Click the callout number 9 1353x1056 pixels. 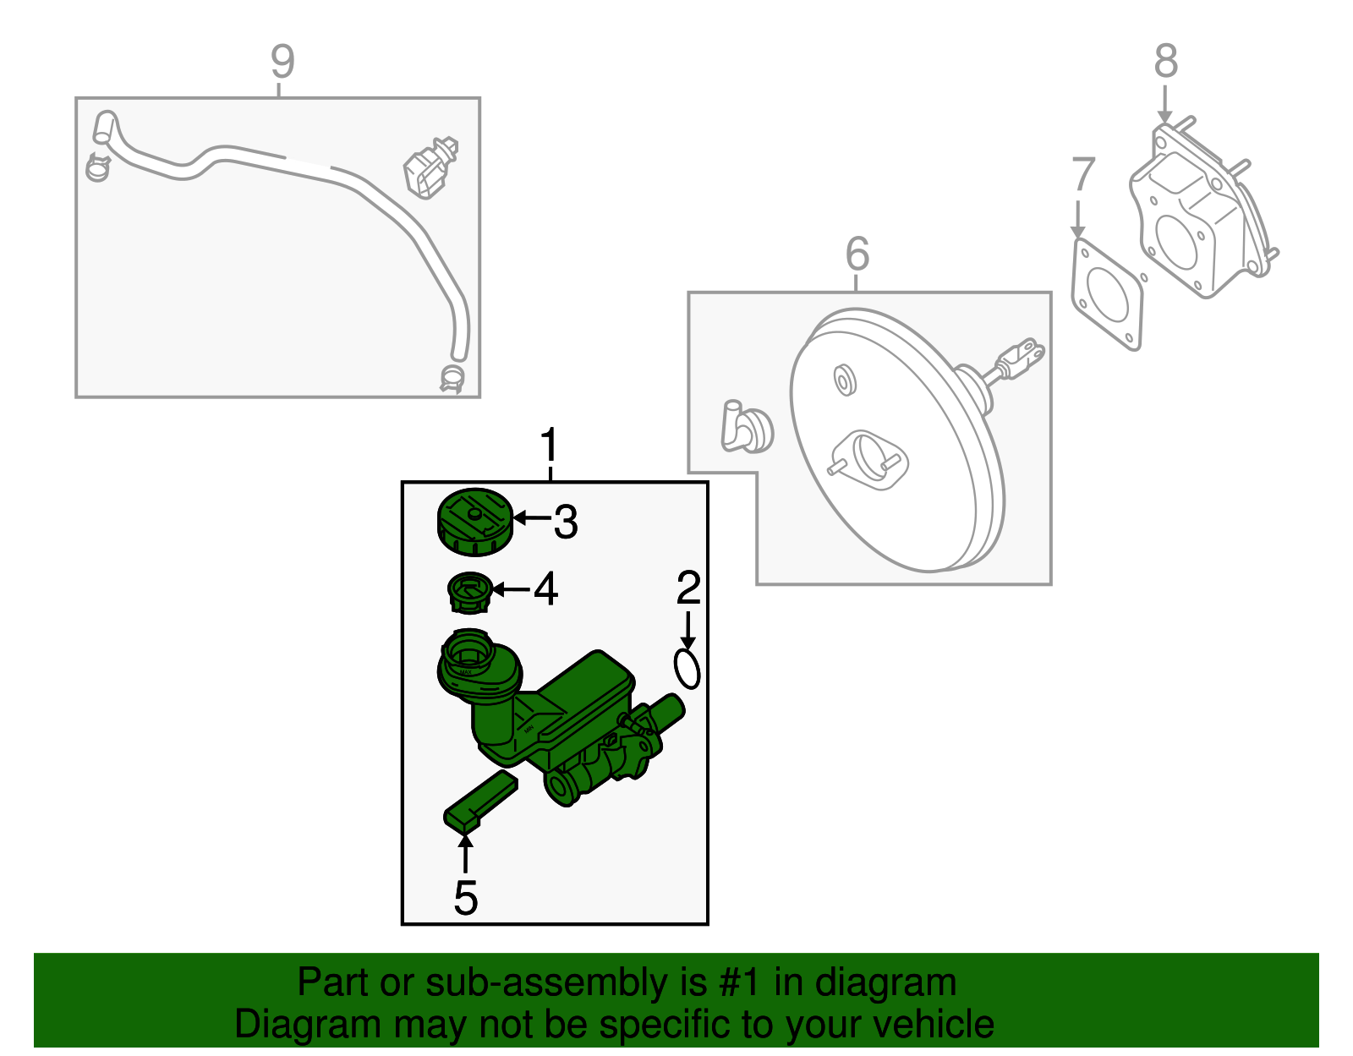[x=282, y=61]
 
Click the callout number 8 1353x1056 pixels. [x=1165, y=61]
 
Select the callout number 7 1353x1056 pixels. [x=1082, y=175]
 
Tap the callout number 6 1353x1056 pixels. [x=857, y=254]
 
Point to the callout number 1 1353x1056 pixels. [x=550, y=445]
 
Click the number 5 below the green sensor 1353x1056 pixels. [x=465, y=898]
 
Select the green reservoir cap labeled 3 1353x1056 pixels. [x=474, y=522]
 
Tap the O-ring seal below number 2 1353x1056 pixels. [x=687, y=669]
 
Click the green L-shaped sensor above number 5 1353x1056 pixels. [x=479, y=800]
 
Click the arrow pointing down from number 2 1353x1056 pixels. [x=688, y=630]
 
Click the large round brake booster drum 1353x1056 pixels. [x=896, y=444]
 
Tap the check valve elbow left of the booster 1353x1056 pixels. [x=746, y=427]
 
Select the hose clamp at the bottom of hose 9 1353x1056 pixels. [x=453, y=378]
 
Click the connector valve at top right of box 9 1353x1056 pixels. [x=432, y=167]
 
